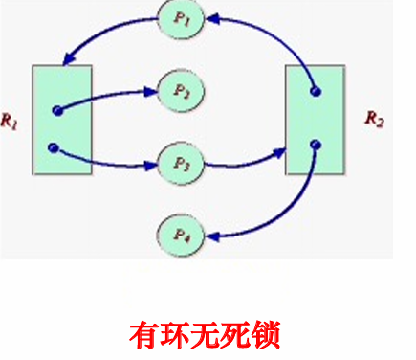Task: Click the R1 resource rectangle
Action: [62, 121]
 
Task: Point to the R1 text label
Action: [11, 122]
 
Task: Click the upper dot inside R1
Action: [56, 110]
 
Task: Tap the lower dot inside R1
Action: [53, 147]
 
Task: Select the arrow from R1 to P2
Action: [105, 95]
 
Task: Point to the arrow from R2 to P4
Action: [277, 215]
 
